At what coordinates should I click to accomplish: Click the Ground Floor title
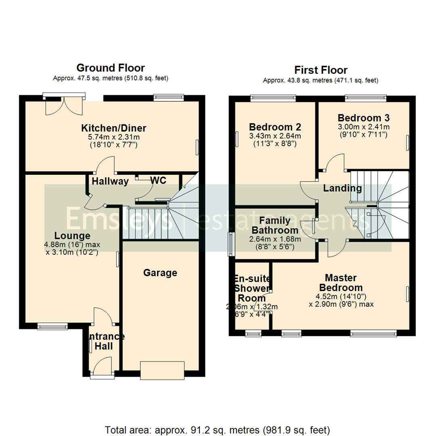[110, 68]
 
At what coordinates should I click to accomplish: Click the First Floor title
[321, 70]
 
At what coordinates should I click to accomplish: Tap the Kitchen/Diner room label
[114, 128]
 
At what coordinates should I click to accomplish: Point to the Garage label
[160, 273]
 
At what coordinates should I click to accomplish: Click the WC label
[158, 180]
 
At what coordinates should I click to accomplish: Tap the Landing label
[342, 188]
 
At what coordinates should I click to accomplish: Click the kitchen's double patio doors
[64, 104]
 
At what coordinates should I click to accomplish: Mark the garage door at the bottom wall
[162, 371]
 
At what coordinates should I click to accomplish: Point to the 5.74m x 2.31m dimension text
[114, 137]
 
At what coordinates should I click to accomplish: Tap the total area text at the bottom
[218, 429]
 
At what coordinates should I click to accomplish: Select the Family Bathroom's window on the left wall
[231, 244]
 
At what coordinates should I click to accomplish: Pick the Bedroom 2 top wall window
[272, 97]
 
